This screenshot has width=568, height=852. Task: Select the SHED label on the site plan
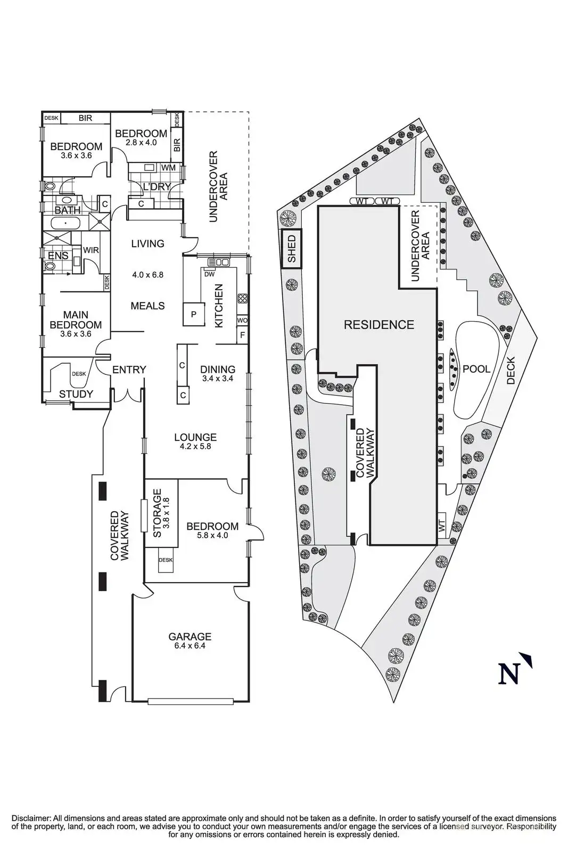[x=291, y=249]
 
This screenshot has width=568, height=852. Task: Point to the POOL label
[x=476, y=368]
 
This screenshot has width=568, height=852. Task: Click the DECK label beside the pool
[x=511, y=370]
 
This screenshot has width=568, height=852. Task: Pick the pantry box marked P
[x=194, y=314]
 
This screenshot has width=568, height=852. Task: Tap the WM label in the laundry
[x=168, y=167]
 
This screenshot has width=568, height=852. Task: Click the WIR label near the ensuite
[x=91, y=250]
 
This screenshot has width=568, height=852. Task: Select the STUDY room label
[x=76, y=394]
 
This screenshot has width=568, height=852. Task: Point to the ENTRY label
[x=129, y=370]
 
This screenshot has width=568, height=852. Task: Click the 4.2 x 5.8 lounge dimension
[x=195, y=446]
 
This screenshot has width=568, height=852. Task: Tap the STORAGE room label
[x=157, y=513]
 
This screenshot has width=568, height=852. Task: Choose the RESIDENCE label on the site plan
[x=379, y=324]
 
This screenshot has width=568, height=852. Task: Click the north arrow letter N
[x=509, y=674]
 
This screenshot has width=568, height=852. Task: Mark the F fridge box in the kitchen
[x=242, y=335]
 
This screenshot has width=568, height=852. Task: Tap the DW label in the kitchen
[x=209, y=274]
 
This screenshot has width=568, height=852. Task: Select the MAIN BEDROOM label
[x=76, y=320]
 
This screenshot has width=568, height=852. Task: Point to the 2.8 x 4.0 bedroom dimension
[x=142, y=143]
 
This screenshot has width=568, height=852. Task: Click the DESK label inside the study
[x=79, y=374]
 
